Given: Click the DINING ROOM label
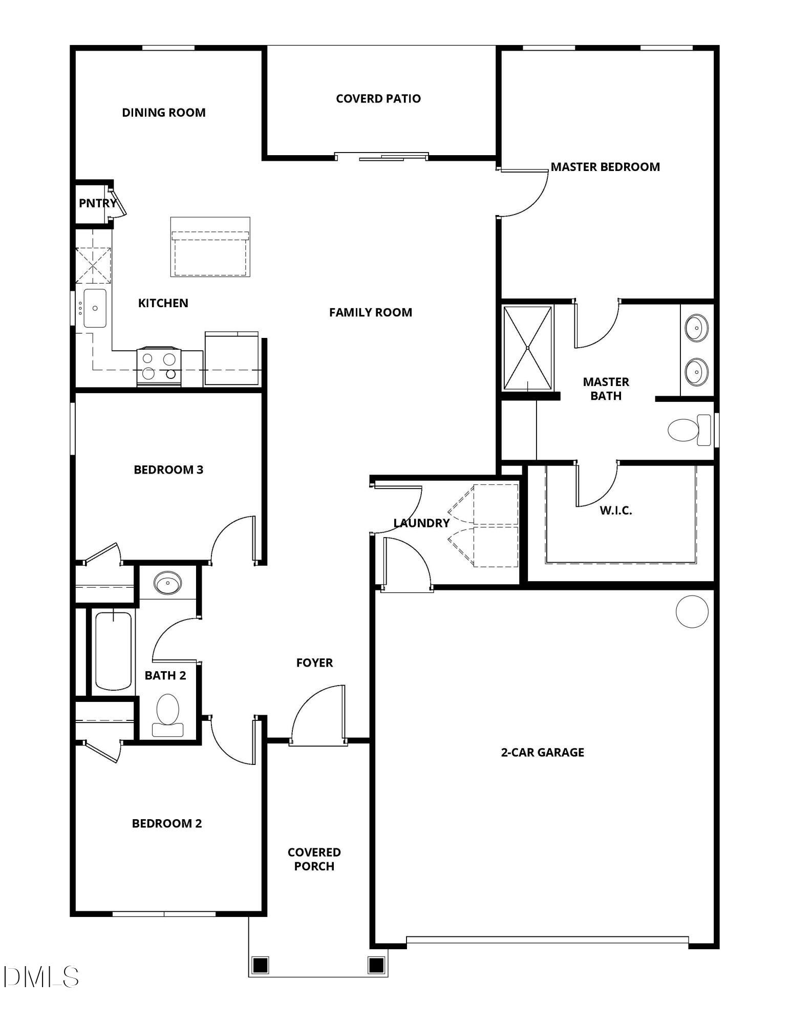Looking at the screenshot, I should pos(163,113).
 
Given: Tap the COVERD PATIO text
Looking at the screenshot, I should pos(378,98).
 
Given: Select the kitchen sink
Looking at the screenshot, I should pos(95,308).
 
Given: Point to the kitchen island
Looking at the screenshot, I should pos(210,247).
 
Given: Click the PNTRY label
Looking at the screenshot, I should pos(97,203).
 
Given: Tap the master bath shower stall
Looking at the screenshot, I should pos(527,348).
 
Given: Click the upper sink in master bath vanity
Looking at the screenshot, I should pos(696,328).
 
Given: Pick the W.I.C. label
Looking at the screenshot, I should pos(615,510).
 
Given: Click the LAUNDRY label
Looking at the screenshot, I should pos(421,523).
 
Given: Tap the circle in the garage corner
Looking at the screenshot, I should pos(692,611).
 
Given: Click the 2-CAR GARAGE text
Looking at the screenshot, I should pos(542,752).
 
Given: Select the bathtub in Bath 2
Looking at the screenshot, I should pos(113,651).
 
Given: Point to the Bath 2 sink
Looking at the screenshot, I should pos(167,583).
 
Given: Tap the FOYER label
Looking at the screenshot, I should pos(314,663).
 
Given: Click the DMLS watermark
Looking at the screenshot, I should pos(41,977).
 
